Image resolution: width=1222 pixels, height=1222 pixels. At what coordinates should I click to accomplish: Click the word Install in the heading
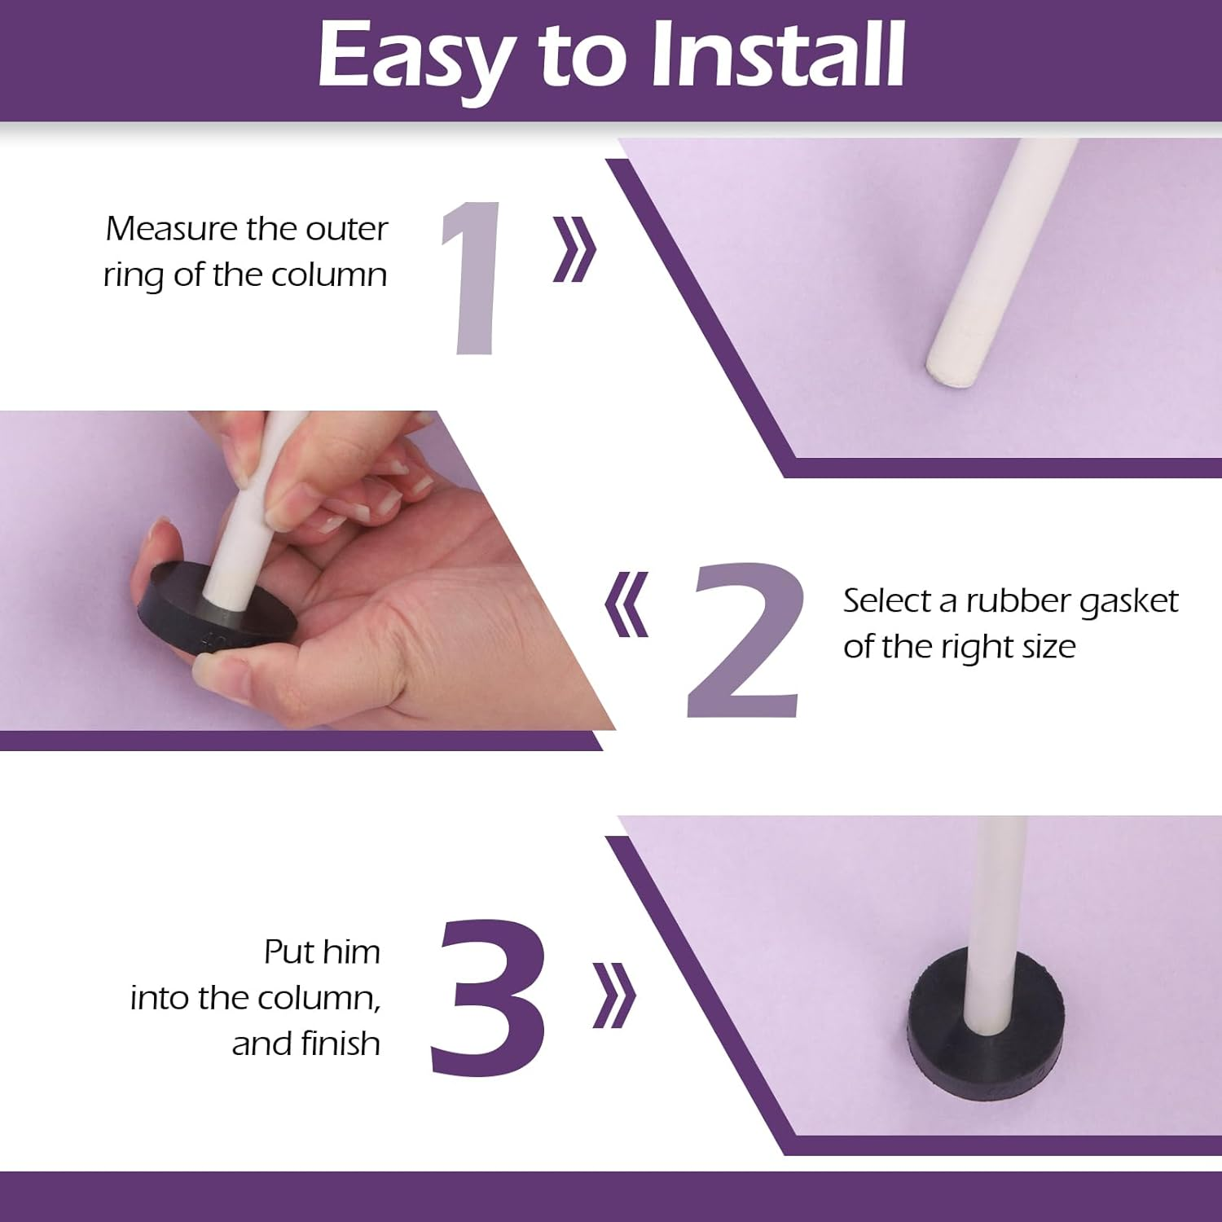tap(778, 54)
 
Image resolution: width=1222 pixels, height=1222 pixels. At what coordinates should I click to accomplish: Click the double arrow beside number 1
tap(574, 249)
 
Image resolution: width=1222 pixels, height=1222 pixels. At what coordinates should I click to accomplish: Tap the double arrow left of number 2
tap(627, 604)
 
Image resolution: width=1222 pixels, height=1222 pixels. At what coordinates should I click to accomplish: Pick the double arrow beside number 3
tap(613, 995)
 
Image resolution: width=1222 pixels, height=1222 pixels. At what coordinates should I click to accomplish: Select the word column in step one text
tap(329, 275)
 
